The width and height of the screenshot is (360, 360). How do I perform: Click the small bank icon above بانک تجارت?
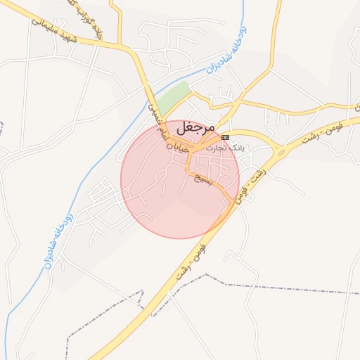click(225, 136)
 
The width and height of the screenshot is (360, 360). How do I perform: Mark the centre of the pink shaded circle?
click(180, 179)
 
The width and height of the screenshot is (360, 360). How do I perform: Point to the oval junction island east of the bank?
click(279, 148)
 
